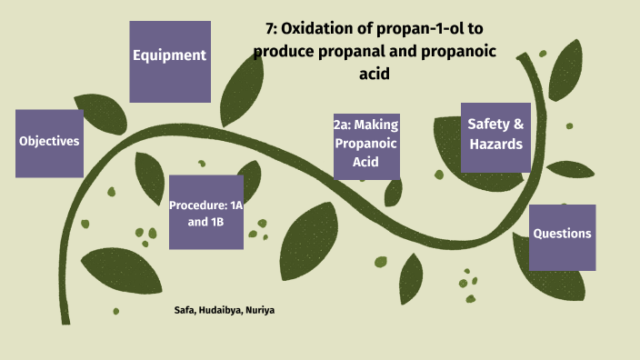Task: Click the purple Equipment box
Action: [x=170, y=61]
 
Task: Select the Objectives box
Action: [x=50, y=143]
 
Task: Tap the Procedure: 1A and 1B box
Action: [x=205, y=212]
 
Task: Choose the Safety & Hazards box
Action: [x=495, y=136]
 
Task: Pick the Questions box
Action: [x=562, y=236]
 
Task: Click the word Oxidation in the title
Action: [x=320, y=31]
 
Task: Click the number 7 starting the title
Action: [x=270, y=31]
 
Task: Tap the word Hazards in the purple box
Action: [x=495, y=145]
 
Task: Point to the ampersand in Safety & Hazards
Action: [x=519, y=125]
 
